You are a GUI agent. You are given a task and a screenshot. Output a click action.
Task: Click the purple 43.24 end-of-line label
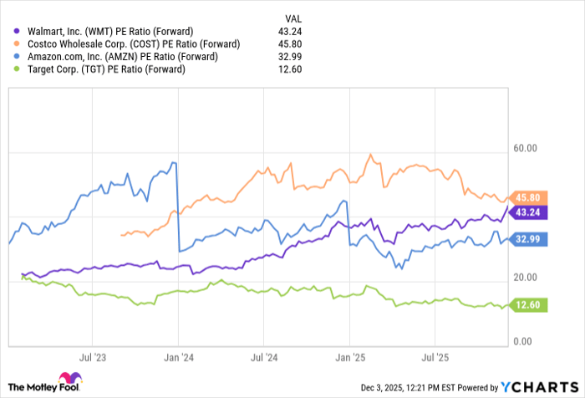click(x=528, y=213)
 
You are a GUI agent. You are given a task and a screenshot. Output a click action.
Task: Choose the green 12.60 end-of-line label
click(x=528, y=305)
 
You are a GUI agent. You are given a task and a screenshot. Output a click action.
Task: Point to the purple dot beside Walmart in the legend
click(x=18, y=31)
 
